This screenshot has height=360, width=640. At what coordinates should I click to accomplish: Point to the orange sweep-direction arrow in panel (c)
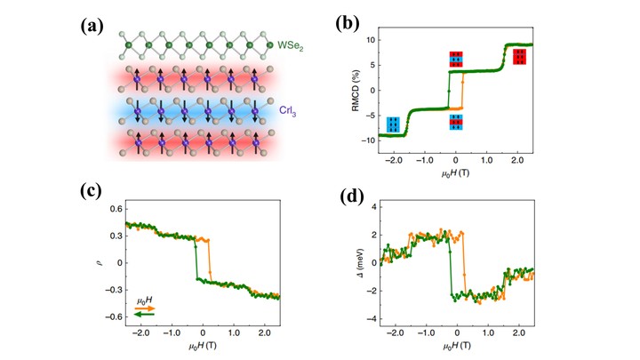145,304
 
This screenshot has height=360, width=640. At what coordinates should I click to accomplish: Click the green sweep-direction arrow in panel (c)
145,313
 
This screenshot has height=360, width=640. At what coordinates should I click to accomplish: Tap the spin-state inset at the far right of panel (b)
519,57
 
